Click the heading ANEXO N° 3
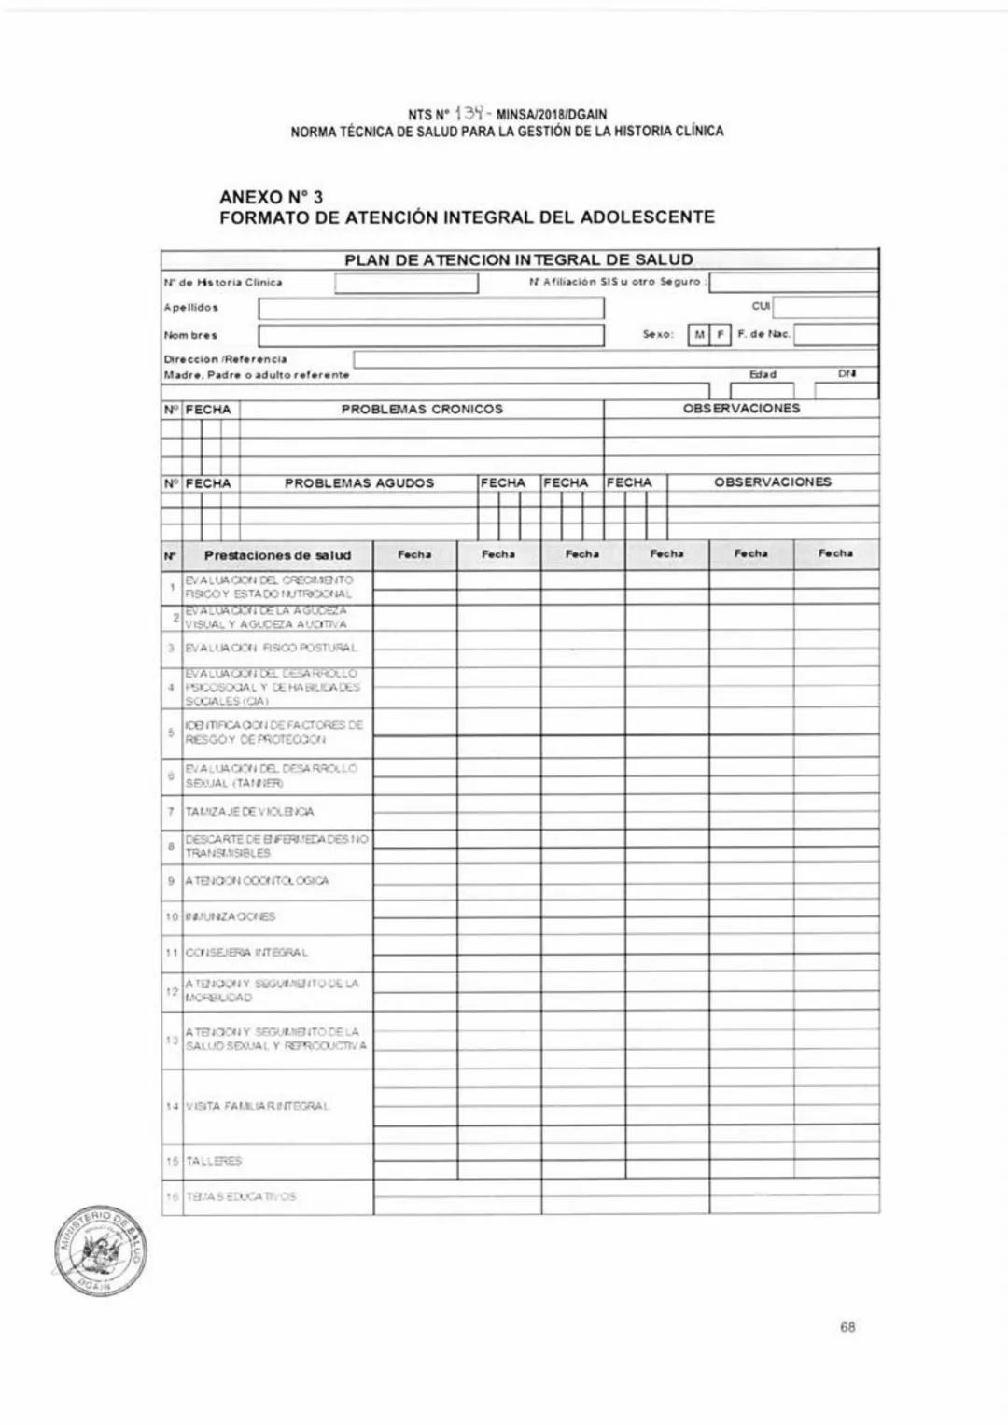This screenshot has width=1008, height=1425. (x=271, y=197)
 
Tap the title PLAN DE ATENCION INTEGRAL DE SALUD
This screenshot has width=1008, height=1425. (x=519, y=259)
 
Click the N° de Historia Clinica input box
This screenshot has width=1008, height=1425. (x=406, y=283)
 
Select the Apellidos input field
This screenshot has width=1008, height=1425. (x=430, y=308)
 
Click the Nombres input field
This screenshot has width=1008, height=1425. (x=430, y=335)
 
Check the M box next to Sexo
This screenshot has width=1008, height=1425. (x=698, y=335)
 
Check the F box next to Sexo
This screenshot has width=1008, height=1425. (x=720, y=335)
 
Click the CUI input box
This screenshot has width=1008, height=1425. (x=825, y=307)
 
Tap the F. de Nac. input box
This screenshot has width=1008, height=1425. (x=835, y=335)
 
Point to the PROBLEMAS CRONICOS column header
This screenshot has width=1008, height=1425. (x=422, y=409)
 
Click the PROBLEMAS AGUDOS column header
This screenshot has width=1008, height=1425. (x=359, y=483)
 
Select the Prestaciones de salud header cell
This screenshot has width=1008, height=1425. (x=277, y=555)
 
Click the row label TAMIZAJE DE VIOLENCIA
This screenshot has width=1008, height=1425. (x=249, y=812)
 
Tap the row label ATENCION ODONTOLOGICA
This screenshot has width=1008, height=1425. (x=257, y=881)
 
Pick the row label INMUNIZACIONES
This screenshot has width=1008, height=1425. (x=231, y=916)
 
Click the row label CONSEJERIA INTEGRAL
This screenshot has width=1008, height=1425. (x=247, y=953)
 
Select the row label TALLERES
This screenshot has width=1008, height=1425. (x=215, y=1161)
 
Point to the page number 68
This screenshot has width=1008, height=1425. (x=847, y=1327)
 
